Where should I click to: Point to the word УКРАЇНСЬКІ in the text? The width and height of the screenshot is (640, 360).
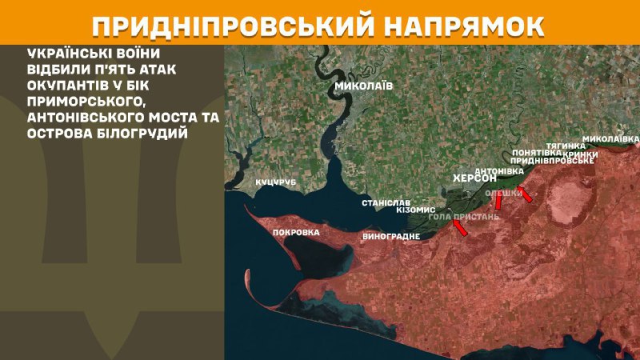[67, 53]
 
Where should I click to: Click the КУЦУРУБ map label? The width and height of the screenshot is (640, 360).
[276, 183]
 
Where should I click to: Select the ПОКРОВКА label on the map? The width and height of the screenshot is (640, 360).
[296, 233]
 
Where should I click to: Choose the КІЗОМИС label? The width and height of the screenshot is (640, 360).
[414, 210]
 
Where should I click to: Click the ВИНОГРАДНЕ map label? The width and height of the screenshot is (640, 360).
[391, 238]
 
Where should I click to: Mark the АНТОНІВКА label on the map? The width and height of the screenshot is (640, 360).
[500, 171]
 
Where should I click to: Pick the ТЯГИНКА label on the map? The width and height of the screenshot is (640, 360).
[567, 146]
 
